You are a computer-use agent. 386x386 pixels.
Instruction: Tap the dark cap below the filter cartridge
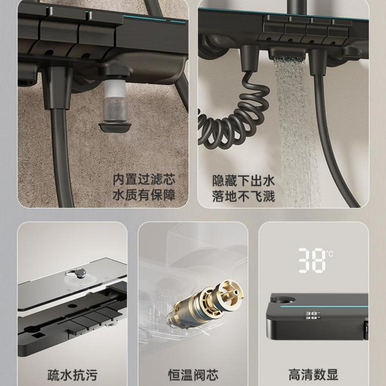click(x=115, y=128)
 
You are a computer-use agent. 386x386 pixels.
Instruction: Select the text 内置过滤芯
click(x=144, y=180)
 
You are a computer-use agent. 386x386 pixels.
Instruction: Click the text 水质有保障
click(x=144, y=195)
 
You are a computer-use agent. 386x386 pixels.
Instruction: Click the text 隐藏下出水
click(x=243, y=181)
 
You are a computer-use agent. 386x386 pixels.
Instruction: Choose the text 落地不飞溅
click(x=243, y=196)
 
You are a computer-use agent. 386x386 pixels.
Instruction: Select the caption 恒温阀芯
click(x=193, y=375)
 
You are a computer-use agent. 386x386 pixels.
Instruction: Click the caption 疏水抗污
click(x=72, y=375)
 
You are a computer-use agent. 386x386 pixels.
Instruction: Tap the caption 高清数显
click(x=314, y=375)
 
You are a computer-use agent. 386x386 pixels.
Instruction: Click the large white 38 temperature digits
click(x=312, y=260)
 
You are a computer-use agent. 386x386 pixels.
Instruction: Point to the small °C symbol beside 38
click(x=330, y=253)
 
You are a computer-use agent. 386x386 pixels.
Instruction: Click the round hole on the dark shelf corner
click(x=284, y=300)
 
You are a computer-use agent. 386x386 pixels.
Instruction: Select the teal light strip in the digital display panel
click(x=324, y=307)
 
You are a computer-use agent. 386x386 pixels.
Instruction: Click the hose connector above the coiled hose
click(x=250, y=58)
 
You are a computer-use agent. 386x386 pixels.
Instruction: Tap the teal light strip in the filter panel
click(x=154, y=19)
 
